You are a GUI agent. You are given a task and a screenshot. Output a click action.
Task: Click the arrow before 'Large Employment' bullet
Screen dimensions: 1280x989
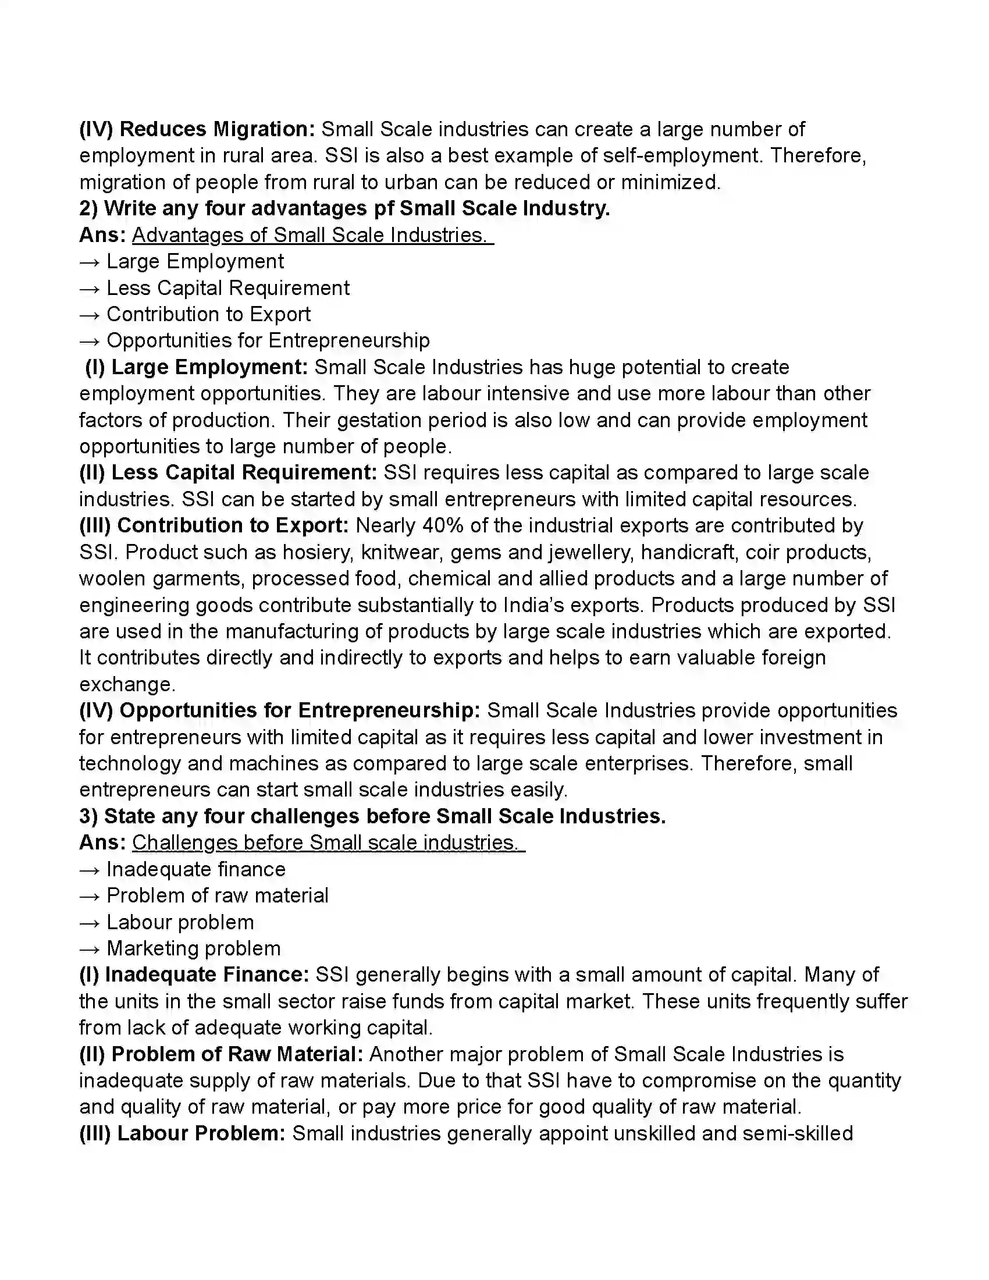click(x=90, y=262)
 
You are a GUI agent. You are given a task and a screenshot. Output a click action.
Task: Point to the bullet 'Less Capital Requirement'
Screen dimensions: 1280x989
click(x=227, y=289)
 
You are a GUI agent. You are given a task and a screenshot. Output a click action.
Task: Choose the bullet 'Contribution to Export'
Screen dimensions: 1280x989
click(x=208, y=315)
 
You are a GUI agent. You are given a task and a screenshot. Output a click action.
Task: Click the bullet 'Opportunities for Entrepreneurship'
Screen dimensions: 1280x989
click(x=268, y=341)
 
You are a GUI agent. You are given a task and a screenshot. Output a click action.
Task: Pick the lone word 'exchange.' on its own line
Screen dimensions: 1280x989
click(x=127, y=685)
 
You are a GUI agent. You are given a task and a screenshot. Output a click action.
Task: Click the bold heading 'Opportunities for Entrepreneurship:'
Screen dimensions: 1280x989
click(x=300, y=711)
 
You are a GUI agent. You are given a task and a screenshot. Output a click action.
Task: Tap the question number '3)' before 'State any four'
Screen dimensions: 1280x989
click(x=88, y=816)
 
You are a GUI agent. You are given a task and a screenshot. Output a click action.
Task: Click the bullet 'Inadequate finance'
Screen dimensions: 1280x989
click(x=195, y=870)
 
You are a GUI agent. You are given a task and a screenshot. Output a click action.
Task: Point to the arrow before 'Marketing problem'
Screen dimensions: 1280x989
click(x=90, y=949)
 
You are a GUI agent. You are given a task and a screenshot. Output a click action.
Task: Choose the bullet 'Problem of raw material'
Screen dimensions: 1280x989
click(x=218, y=896)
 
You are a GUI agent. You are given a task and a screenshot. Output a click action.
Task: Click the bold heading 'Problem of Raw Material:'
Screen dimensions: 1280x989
click(x=237, y=1054)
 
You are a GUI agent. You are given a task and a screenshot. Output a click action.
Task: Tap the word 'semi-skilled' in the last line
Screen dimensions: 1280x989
click(x=798, y=1133)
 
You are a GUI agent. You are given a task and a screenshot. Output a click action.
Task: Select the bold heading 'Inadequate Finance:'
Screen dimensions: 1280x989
click(x=207, y=975)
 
